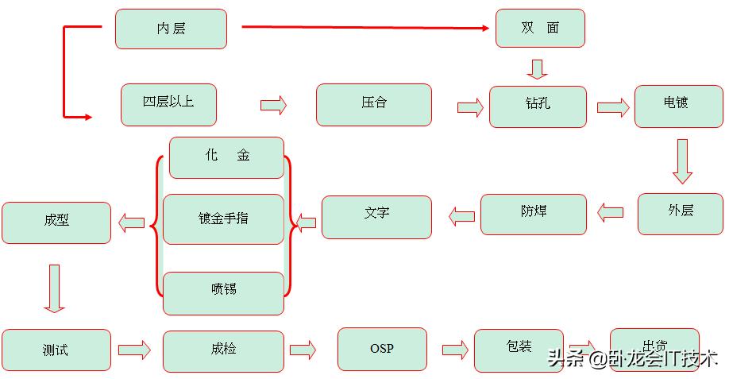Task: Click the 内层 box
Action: pos(171,29)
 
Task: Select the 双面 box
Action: pos(540,28)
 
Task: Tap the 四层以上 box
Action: pos(168,104)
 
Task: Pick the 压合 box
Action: pos(374,105)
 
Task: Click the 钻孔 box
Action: pos(538,106)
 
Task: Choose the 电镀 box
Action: pos(677,106)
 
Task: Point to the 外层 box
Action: pos(681,213)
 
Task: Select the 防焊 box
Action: pos(534,214)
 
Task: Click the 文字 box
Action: pos(377,216)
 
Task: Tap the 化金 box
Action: pos(226,157)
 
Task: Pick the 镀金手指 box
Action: pos(223,219)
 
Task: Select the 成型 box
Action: pos(56,222)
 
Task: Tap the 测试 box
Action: pos(56,350)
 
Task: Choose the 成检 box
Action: pos(223,350)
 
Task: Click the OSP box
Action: pos(382,349)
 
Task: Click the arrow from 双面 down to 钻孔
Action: pos(538,69)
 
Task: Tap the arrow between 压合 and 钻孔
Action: pos(470,108)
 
